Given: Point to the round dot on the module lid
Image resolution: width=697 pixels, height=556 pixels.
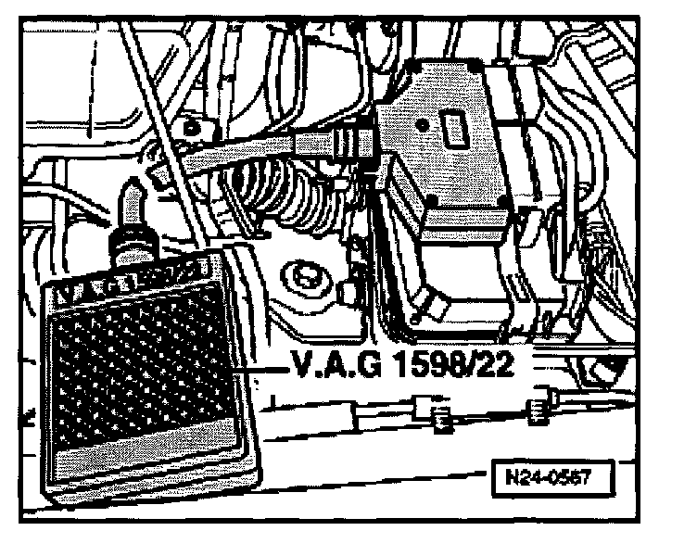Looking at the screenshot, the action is click(422, 123).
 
